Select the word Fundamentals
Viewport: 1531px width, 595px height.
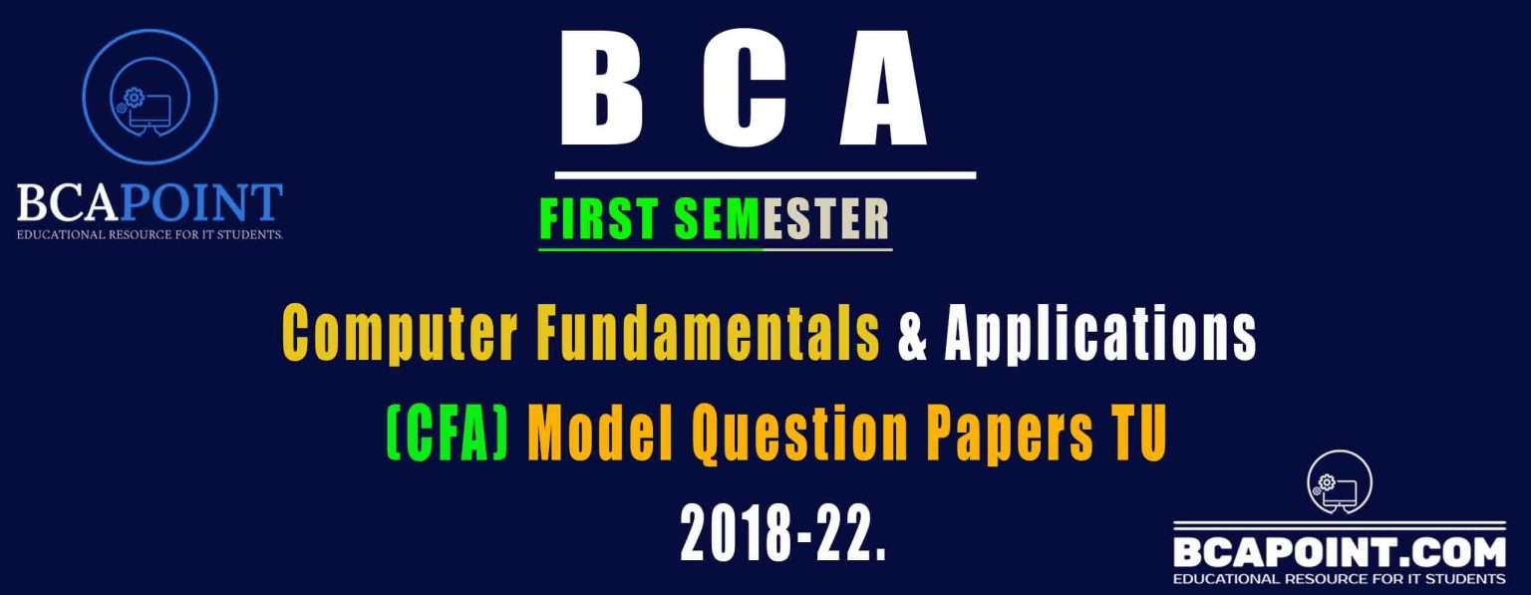pos(708,334)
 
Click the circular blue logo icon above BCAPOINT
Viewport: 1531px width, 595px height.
pos(150,97)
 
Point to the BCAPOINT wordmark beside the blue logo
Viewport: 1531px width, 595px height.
pos(150,203)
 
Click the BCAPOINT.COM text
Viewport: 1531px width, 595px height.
pos(1340,551)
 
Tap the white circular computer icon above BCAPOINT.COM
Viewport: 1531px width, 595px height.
pos(1339,482)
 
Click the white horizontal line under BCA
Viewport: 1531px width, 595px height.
pos(765,175)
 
